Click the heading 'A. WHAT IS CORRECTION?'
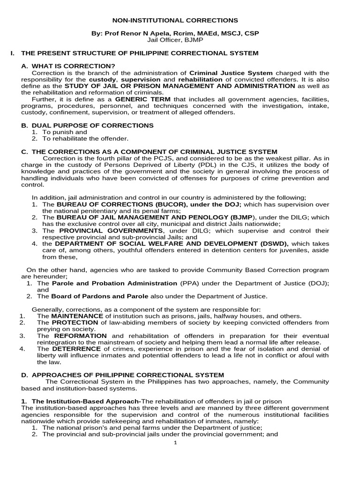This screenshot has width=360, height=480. point(68,66)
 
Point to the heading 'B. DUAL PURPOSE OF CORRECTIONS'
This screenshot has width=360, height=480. point(88,125)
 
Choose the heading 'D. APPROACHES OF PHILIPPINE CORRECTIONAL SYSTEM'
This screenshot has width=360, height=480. point(123,375)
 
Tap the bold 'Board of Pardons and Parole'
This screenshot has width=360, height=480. point(99,296)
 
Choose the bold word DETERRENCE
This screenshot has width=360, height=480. point(76,349)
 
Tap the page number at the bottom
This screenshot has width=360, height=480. point(175,444)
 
